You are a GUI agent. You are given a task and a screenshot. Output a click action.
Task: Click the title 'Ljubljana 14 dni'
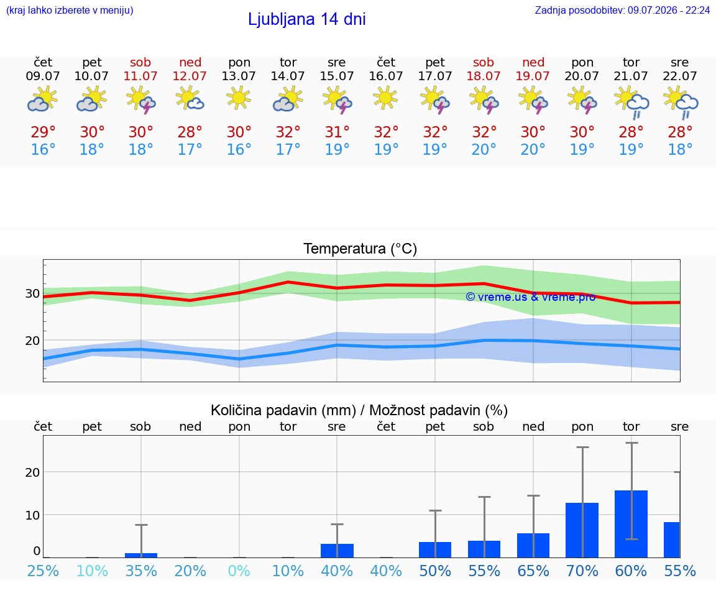click(306, 19)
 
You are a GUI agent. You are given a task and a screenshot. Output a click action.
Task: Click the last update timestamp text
click(622, 10)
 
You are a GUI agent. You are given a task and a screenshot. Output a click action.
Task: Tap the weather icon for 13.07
click(239, 98)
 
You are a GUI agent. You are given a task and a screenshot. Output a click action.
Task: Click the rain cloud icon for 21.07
click(631, 103)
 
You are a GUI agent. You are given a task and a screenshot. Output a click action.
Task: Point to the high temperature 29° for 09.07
click(43, 132)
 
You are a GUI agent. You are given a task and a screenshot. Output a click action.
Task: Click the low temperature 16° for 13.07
click(239, 149)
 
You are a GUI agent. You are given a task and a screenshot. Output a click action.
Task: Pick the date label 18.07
click(484, 76)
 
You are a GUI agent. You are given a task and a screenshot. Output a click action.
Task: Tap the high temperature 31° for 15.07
click(337, 132)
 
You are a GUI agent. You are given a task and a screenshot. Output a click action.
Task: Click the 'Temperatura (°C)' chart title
click(360, 249)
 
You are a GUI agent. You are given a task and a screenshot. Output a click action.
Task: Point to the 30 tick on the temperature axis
click(32, 293)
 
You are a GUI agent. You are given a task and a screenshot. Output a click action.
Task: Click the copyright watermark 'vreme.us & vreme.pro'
click(531, 297)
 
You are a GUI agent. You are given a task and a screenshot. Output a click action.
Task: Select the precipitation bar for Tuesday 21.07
click(631, 524)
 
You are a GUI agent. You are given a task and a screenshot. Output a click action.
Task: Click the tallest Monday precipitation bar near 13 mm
click(582, 530)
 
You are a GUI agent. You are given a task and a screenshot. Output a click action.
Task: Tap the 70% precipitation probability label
click(582, 571)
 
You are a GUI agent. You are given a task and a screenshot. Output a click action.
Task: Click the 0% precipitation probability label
click(239, 571)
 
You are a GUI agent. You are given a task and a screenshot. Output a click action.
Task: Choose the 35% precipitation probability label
click(141, 571)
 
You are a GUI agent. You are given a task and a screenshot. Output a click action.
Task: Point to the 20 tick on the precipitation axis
click(32, 472)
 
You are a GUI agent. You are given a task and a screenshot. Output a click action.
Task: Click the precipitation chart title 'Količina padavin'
click(283, 410)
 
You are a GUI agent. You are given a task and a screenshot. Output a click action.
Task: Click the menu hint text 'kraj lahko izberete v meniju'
click(70, 10)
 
